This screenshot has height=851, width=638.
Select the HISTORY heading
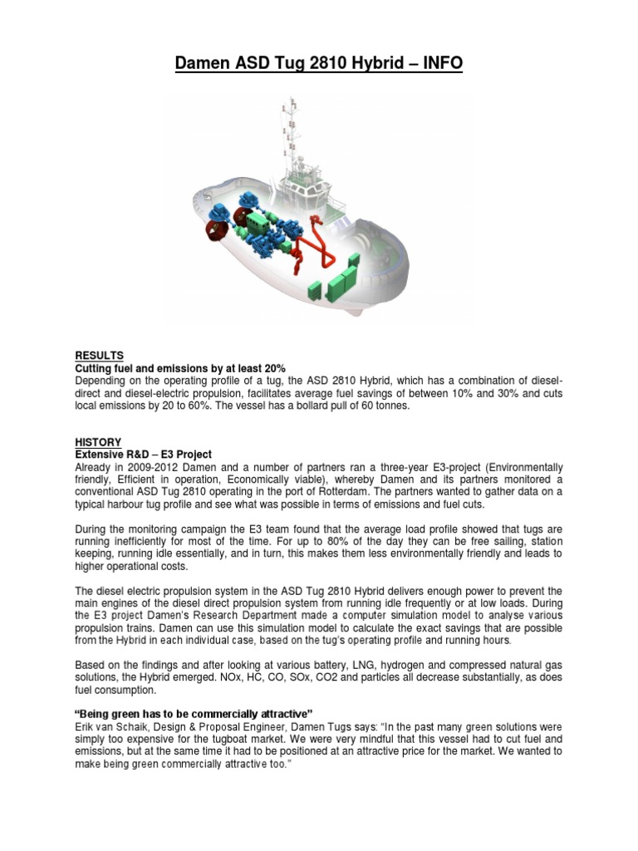(x=98, y=442)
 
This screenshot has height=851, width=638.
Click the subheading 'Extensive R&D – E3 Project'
(x=143, y=454)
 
